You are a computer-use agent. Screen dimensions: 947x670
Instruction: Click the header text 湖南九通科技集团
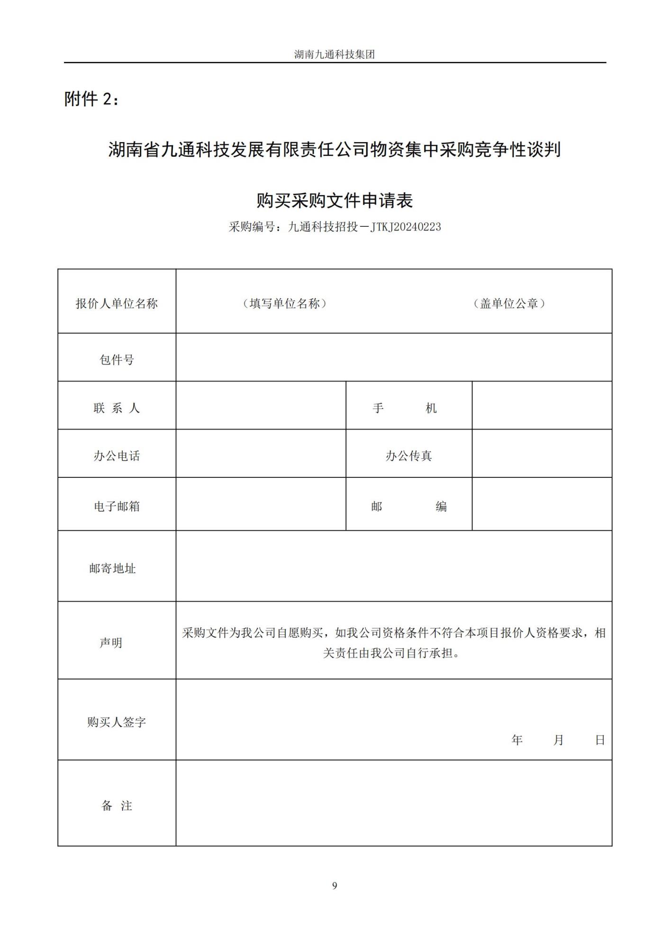pos(335,54)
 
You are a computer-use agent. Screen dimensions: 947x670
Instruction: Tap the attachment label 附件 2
pos(92,99)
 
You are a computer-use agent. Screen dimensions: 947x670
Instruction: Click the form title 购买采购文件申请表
pos(335,200)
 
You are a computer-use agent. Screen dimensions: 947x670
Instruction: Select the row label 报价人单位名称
pos(117,304)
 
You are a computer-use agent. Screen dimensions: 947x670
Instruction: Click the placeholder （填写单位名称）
pos(285,304)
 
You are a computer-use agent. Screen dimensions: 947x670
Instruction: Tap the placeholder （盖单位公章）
pos(509,304)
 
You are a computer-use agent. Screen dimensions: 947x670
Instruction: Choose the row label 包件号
pos(117,360)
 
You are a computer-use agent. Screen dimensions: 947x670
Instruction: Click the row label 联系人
pos(117,408)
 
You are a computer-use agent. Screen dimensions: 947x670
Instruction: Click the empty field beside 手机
pos(542,406)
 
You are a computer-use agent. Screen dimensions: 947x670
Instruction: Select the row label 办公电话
pos(117,456)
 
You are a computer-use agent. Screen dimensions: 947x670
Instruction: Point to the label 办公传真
pos(408,456)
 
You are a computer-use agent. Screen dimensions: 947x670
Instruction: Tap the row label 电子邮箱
pos(117,506)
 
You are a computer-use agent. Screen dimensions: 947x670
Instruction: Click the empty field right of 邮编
pos(542,504)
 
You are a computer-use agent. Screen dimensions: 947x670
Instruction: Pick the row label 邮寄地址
pos(113,568)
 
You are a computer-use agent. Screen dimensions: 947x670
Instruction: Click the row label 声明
pos(111,642)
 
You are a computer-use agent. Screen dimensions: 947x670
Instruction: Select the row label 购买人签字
pos(117,722)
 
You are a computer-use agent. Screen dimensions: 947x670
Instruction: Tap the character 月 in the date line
pos(558,740)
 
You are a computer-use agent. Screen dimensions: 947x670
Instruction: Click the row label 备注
pos(117,805)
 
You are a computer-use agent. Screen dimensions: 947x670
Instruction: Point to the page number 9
pos(335,885)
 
